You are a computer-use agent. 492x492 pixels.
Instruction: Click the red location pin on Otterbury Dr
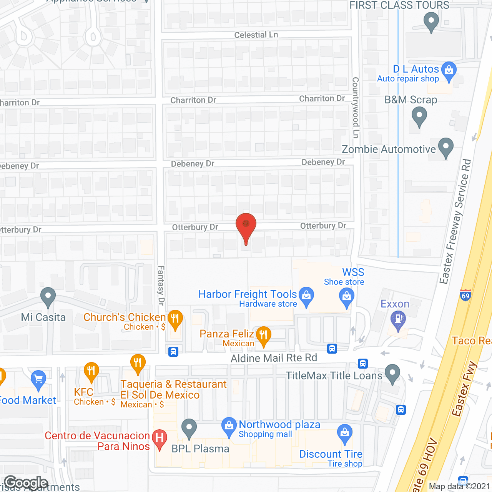point(246,225)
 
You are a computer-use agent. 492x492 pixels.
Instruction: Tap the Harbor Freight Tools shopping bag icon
point(306,296)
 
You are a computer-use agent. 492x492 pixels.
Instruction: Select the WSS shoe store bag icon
point(346,297)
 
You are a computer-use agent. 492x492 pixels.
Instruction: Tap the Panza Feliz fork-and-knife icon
point(263,335)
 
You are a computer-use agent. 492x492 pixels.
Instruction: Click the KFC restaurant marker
point(91,371)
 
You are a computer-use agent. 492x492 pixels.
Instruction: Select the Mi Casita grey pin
point(48,296)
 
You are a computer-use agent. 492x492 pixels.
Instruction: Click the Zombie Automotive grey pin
point(445,147)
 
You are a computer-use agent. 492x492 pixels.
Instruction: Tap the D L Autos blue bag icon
point(449,70)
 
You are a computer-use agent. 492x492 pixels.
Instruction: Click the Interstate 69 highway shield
point(465,295)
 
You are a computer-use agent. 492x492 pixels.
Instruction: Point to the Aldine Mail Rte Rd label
point(274,358)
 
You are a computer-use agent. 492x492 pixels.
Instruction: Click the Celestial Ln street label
point(256,35)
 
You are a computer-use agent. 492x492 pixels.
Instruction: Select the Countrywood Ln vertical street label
point(356,108)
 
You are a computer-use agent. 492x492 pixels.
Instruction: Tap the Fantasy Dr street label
point(161,285)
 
